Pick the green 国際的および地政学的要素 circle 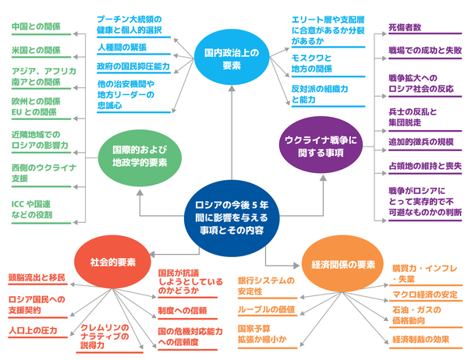[140, 155]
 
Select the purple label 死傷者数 [406, 27]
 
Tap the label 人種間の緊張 [122, 48]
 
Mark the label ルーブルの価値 [266, 310]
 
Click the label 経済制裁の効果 [420, 339]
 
